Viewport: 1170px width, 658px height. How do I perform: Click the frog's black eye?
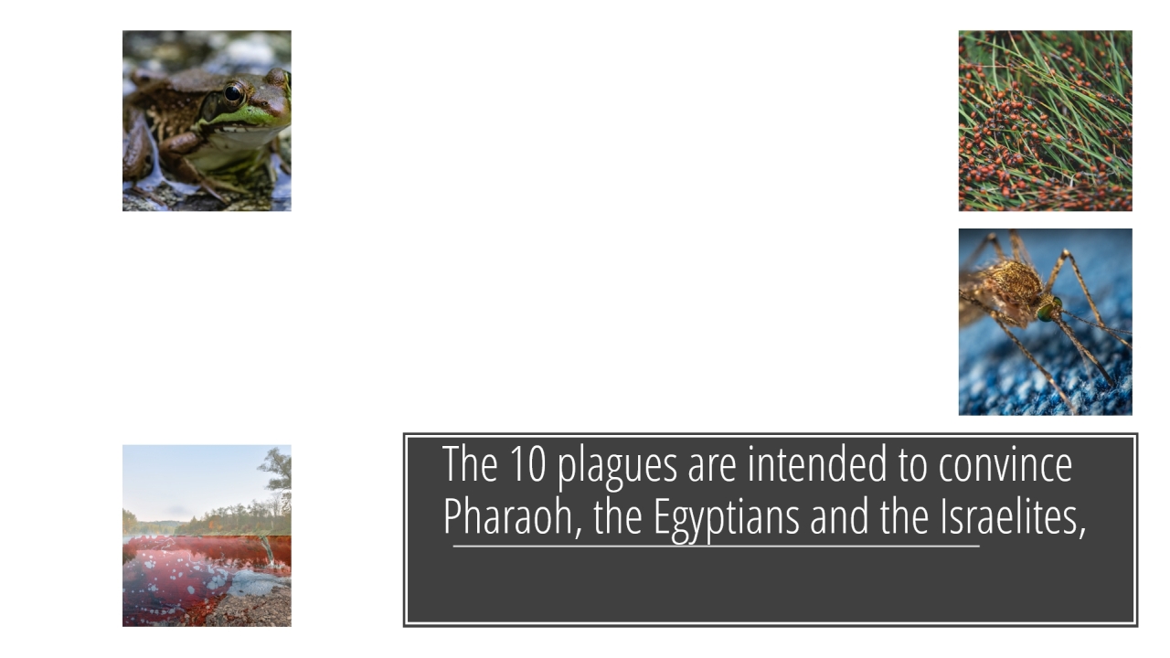coord(233,94)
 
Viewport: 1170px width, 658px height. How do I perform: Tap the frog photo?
coord(207,121)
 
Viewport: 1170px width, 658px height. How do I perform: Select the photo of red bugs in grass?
coord(1045,121)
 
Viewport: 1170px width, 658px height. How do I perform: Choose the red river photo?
coord(207,536)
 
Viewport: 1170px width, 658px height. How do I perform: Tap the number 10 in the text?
coord(527,463)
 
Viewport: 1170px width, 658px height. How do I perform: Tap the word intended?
coord(817,463)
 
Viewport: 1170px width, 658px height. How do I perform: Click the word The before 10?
coord(470,463)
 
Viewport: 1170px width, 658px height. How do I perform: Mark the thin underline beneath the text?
coord(716,547)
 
